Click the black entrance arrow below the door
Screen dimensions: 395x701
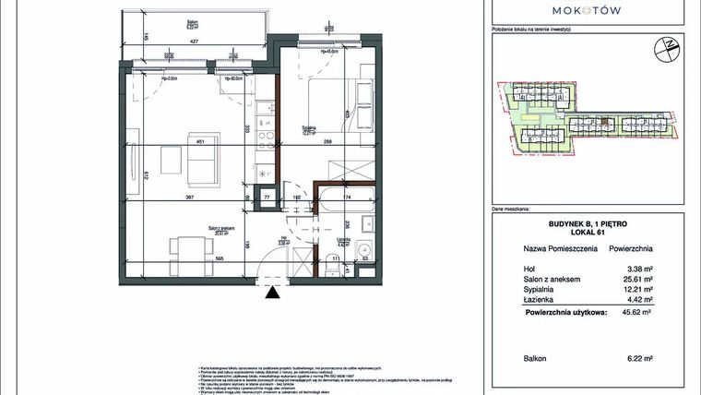point(270,293)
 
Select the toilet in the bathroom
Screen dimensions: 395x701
point(361,249)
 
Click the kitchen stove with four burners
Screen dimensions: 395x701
point(265,138)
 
